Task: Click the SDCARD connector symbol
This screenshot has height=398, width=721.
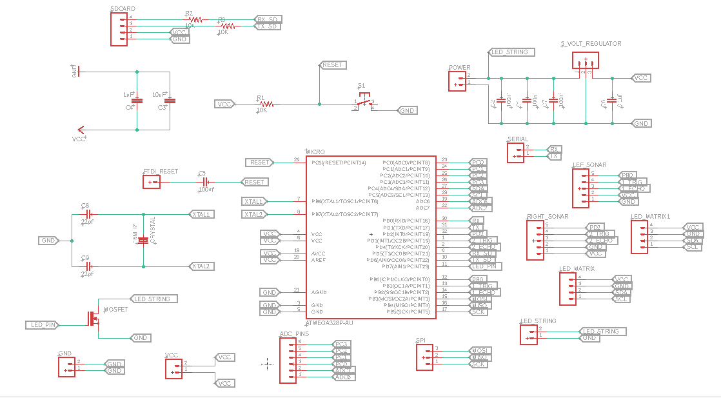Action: coord(119,29)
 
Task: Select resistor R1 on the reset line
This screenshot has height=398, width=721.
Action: coord(264,104)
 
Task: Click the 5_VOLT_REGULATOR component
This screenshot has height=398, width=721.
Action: coord(585,61)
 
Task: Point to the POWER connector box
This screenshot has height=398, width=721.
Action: coord(457,81)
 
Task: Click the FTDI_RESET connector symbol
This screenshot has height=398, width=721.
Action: coord(152,182)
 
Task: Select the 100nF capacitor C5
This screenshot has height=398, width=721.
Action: coord(204,182)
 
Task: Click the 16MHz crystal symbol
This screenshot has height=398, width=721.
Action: coord(143,240)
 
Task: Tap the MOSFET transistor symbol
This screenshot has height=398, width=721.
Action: coord(94,318)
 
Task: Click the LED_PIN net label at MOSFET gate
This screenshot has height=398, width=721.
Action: coord(43,324)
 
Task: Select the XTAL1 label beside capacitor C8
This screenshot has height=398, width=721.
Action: coord(202,214)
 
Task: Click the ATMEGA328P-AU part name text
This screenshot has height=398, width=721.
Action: coord(329,322)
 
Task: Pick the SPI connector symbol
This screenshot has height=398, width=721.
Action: coord(424,357)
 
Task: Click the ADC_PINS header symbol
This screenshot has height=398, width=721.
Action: coord(288,360)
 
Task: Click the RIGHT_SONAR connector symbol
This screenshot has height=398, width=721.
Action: coord(535,240)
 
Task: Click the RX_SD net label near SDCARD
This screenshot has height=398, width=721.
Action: coord(268,19)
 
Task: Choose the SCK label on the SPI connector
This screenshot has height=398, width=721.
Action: coord(479,364)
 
